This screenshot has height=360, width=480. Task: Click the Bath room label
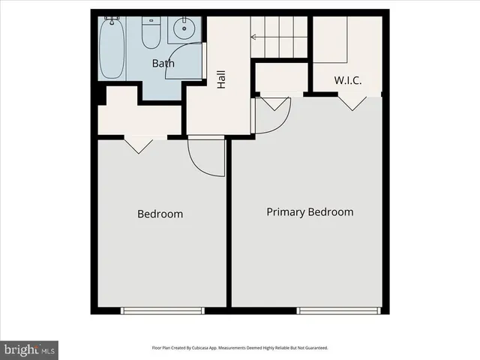coord(163,64)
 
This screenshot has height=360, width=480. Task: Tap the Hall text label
coord(221,79)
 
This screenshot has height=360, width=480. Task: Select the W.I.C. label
coord(348,79)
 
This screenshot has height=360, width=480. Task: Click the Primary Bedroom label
coord(310,212)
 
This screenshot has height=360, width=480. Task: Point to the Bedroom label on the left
coord(160,214)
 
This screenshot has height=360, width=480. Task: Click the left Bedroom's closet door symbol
coord(139,145)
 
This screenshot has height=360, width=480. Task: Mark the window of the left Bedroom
coord(163,310)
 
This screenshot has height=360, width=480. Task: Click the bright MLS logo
coord(29,349)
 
